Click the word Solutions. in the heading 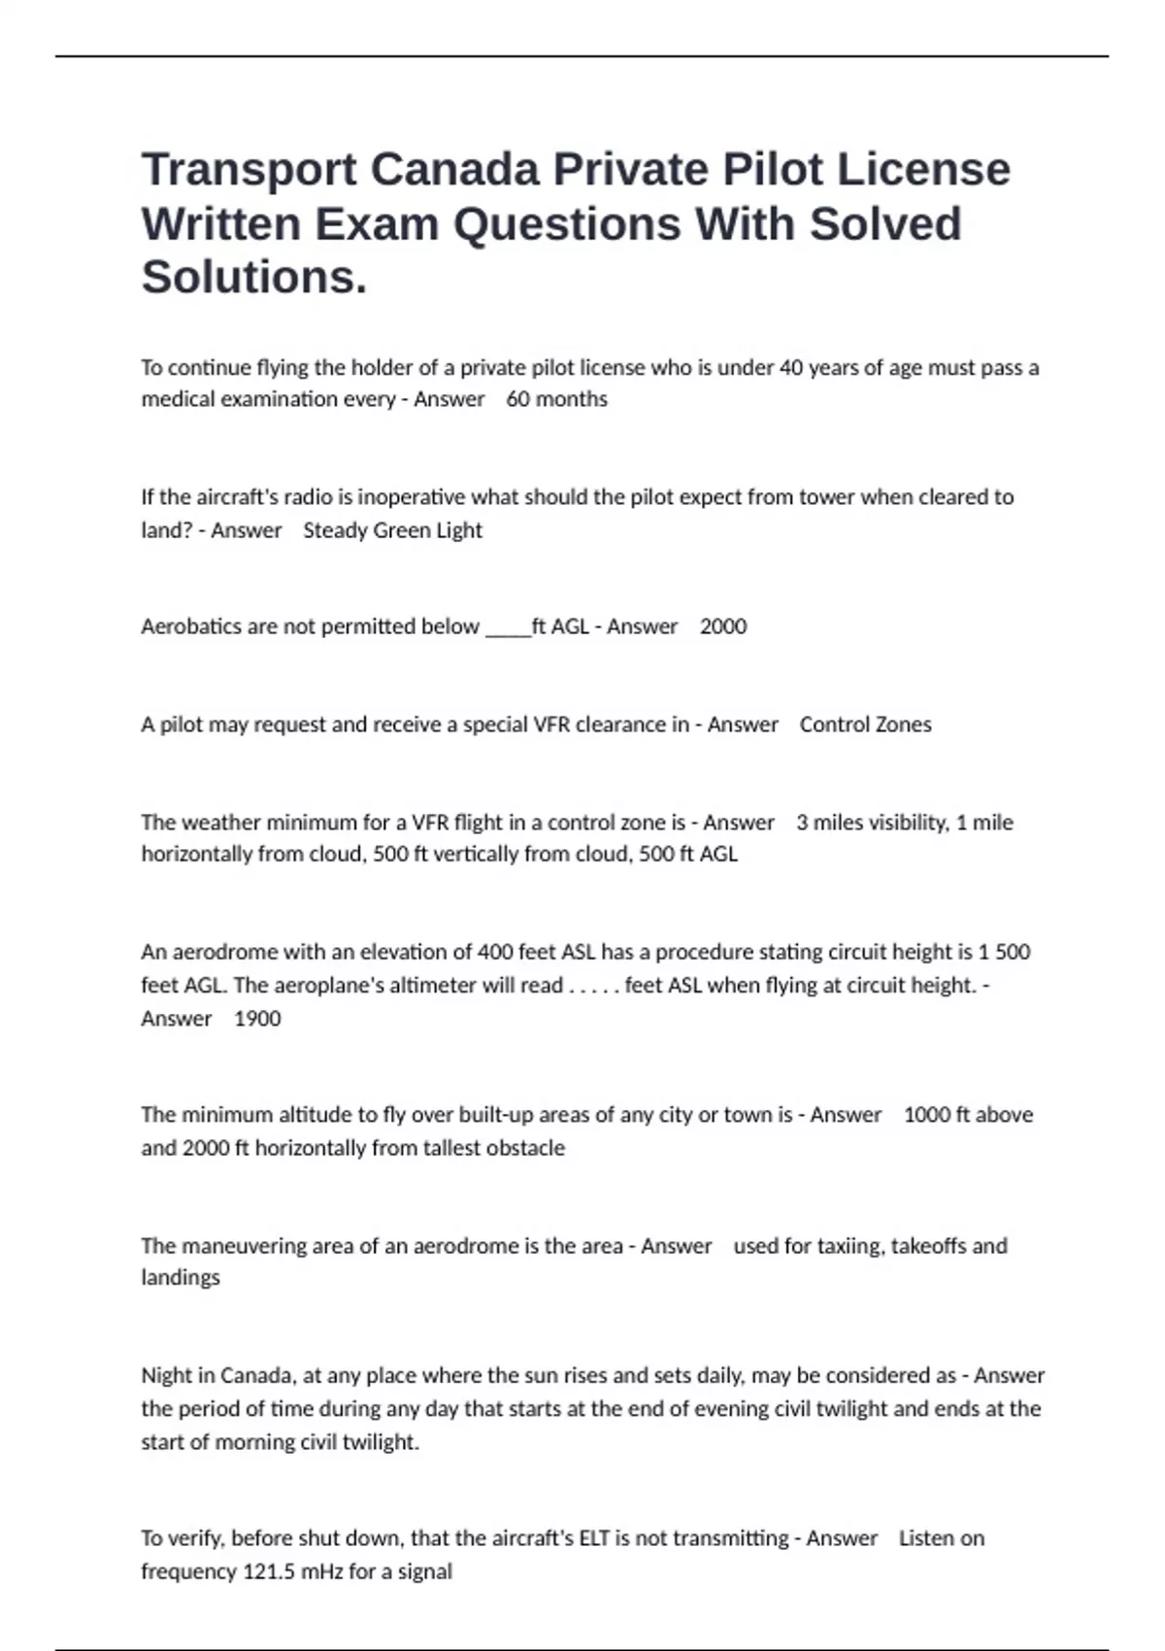pos(254,277)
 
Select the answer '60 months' pos(556,399)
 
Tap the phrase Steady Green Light pos(392,530)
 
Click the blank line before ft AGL pos(508,628)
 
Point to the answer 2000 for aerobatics pos(723,626)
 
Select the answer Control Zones pos(865,724)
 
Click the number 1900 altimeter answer pos(257,1019)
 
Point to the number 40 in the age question pos(791,368)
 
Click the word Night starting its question pos(167,1376)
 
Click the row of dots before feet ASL pos(593,987)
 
